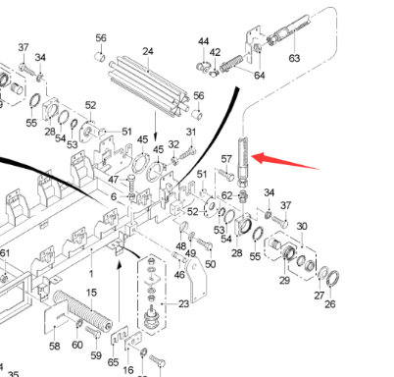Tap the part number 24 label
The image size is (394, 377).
[x=148, y=51]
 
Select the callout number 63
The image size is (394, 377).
[x=293, y=58]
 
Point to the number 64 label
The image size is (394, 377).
[x=259, y=76]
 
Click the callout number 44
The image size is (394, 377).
[x=204, y=41]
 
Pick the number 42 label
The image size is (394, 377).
[x=216, y=52]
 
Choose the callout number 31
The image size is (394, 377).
[x=191, y=133]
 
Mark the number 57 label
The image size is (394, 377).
[x=225, y=158]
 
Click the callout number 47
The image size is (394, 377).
[x=114, y=180]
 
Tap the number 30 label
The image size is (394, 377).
[x=302, y=226]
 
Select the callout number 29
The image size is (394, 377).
[x=284, y=282]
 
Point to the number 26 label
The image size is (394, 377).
[x=329, y=304]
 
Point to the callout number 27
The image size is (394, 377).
[x=318, y=295]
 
